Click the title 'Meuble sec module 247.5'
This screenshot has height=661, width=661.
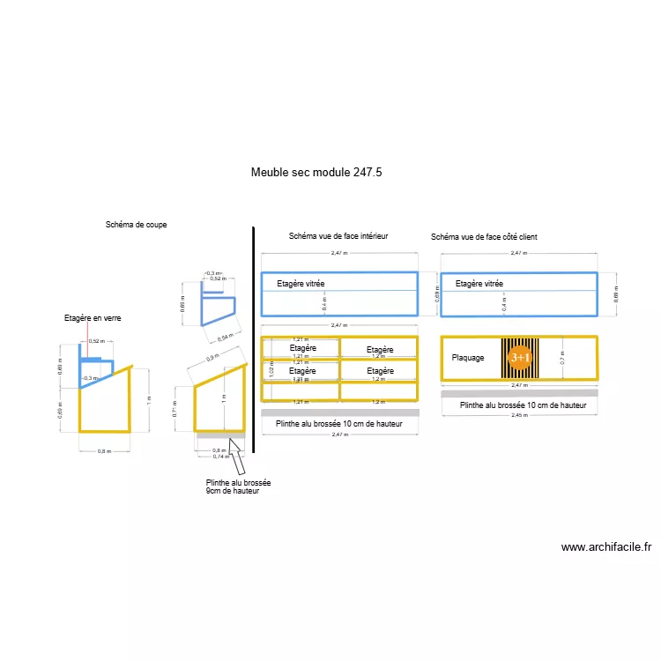tap(316, 173)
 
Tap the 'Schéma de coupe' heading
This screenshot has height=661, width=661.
tap(136, 225)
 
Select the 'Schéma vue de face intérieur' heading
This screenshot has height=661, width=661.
tap(338, 236)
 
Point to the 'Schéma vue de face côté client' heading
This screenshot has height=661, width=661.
tap(484, 237)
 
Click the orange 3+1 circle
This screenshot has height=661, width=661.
tap(520, 357)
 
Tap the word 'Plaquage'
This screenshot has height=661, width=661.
tap(468, 358)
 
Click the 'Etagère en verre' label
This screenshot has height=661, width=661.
tap(93, 317)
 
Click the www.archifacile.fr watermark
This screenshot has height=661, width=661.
tap(606, 546)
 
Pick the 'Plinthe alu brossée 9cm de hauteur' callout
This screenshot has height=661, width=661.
tap(238, 486)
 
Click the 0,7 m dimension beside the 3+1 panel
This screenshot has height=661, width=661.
tap(561, 358)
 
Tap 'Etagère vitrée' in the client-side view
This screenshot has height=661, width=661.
tap(479, 284)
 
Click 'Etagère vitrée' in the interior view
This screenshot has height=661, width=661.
tap(301, 284)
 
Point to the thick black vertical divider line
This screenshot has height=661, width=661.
tap(254, 339)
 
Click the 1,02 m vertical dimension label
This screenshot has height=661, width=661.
tap(272, 371)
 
